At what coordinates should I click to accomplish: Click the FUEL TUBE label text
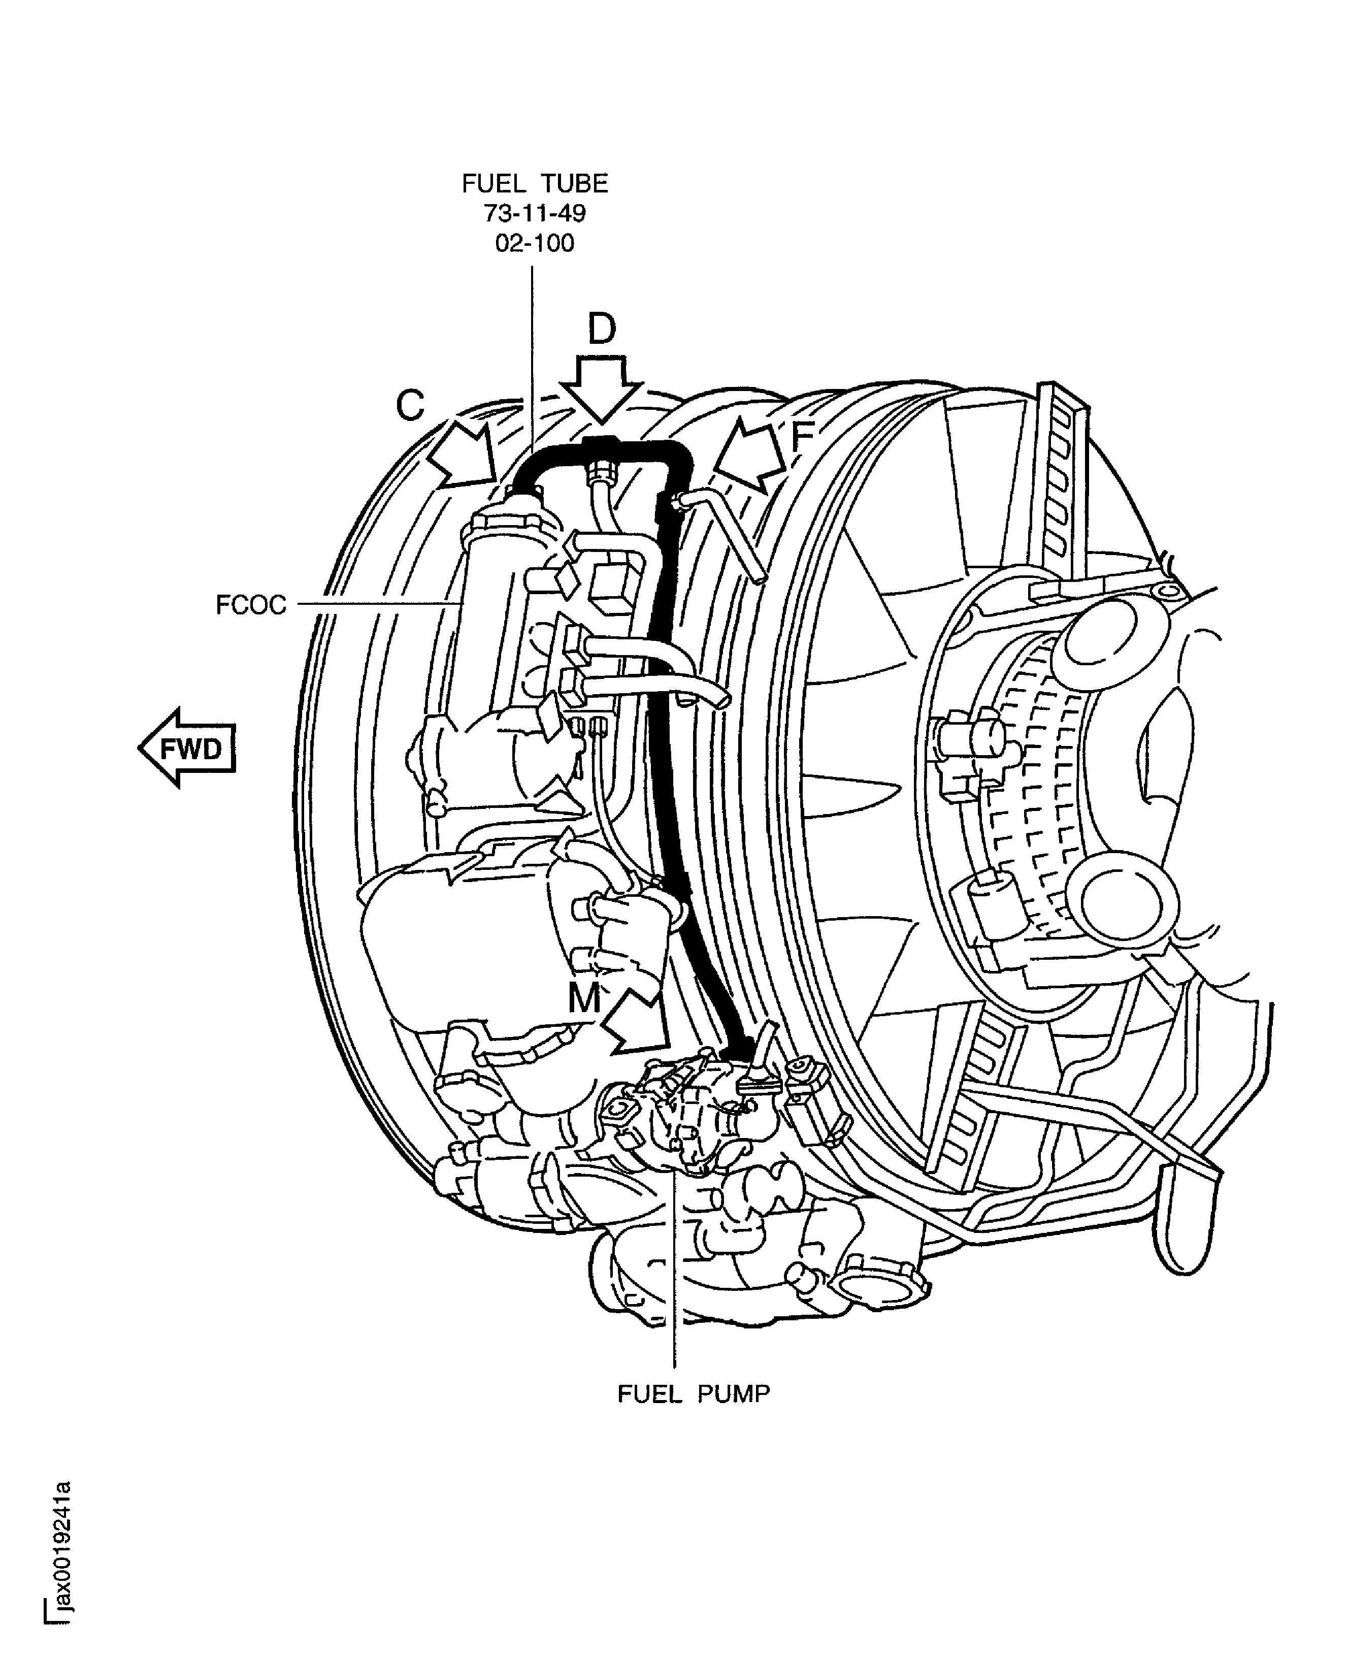535,183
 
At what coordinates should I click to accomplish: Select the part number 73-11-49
535,213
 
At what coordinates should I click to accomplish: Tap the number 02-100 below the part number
535,243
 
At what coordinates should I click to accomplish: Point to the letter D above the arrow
602,329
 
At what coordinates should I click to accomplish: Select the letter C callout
410,405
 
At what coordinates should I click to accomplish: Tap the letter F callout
801,439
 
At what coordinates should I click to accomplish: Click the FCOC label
251,604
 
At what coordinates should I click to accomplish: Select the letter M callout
584,998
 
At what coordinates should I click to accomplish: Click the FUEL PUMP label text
694,1394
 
